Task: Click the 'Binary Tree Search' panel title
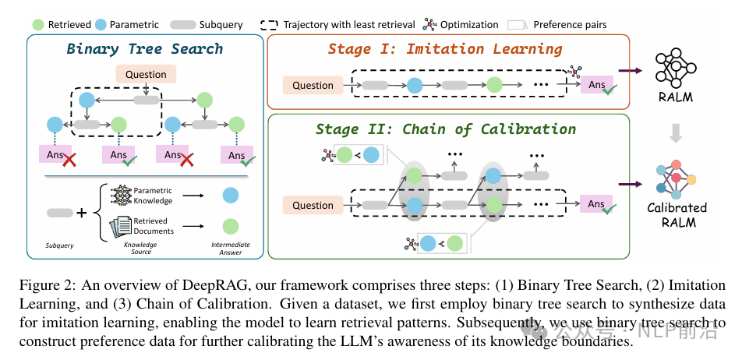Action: (x=145, y=49)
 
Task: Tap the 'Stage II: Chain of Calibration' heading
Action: (x=445, y=129)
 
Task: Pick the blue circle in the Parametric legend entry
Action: (x=101, y=24)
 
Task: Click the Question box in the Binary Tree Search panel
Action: (x=146, y=75)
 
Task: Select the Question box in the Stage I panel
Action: (x=313, y=86)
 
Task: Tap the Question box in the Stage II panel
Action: (x=313, y=206)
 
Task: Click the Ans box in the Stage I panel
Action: (x=596, y=86)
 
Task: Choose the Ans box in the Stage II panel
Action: (x=596, y=205)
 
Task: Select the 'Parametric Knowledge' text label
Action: (x=154, y=195)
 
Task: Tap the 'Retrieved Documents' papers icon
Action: (x=120, y=226)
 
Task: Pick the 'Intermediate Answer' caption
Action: (x=230, y=249)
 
